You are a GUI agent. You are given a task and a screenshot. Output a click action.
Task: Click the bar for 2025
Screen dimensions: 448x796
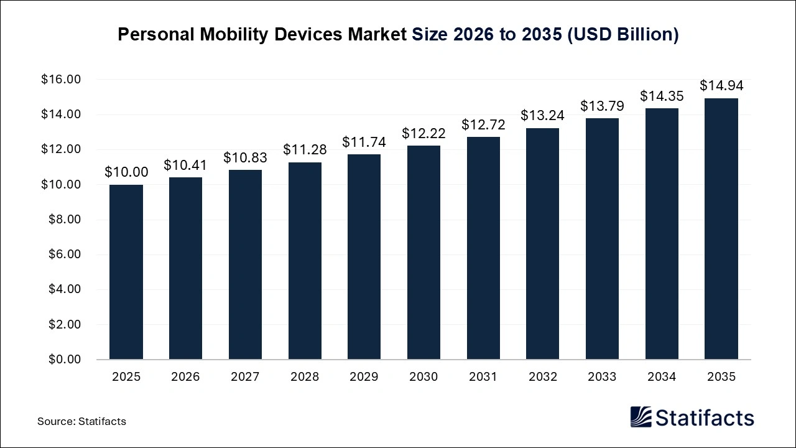tap(126, 272)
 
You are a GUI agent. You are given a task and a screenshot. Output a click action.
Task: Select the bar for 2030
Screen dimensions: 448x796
tap(423, 252)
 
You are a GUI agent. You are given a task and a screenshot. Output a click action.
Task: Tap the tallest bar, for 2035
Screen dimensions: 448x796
tap(721, 228)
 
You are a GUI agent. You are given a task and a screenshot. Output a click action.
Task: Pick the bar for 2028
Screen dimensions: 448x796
tap(305, 261)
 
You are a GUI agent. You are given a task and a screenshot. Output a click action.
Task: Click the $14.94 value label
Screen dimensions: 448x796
tap(721, 86)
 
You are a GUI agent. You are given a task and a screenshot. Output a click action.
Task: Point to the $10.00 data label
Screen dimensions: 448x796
tap(126, 172)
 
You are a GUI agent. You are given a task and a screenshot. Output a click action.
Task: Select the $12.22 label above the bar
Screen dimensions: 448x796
tap(423, 133)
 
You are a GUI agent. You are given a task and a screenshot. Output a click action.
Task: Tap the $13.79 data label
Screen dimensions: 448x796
tap(602, 106)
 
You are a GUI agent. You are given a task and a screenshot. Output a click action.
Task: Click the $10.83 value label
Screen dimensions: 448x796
tap(245, 157)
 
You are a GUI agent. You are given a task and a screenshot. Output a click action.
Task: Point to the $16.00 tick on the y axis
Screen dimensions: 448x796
tap(61, 80)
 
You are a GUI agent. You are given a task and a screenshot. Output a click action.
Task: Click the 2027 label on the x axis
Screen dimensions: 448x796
tap(245, 377)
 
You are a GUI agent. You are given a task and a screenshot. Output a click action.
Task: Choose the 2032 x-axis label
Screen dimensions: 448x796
tap(542, 377)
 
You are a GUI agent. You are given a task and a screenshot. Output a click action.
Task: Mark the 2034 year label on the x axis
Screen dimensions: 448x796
tap(662, 377)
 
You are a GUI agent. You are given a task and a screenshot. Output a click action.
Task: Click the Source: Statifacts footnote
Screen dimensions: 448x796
tap(81, 421)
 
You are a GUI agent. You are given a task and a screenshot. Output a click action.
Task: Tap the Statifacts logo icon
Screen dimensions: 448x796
tap(641, 418)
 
